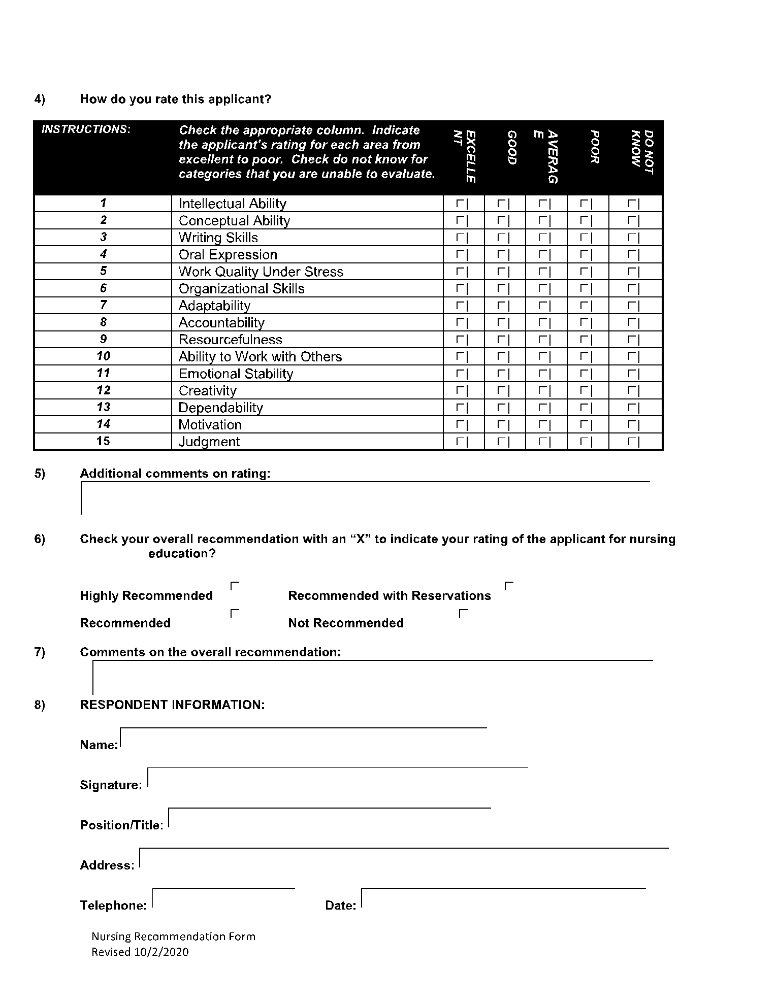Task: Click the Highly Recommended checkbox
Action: click(235, 586)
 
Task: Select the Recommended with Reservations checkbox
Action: click(509, 586)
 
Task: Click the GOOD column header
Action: click(512, 148)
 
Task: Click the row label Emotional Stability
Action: click(236, 374)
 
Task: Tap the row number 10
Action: click(103, 356)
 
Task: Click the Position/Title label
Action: click(121, 825)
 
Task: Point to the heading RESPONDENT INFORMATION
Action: click(172, 705)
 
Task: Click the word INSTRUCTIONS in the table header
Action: click(86, 129)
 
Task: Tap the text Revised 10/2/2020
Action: click(140, 952)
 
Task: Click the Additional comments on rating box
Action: click(365, 498)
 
